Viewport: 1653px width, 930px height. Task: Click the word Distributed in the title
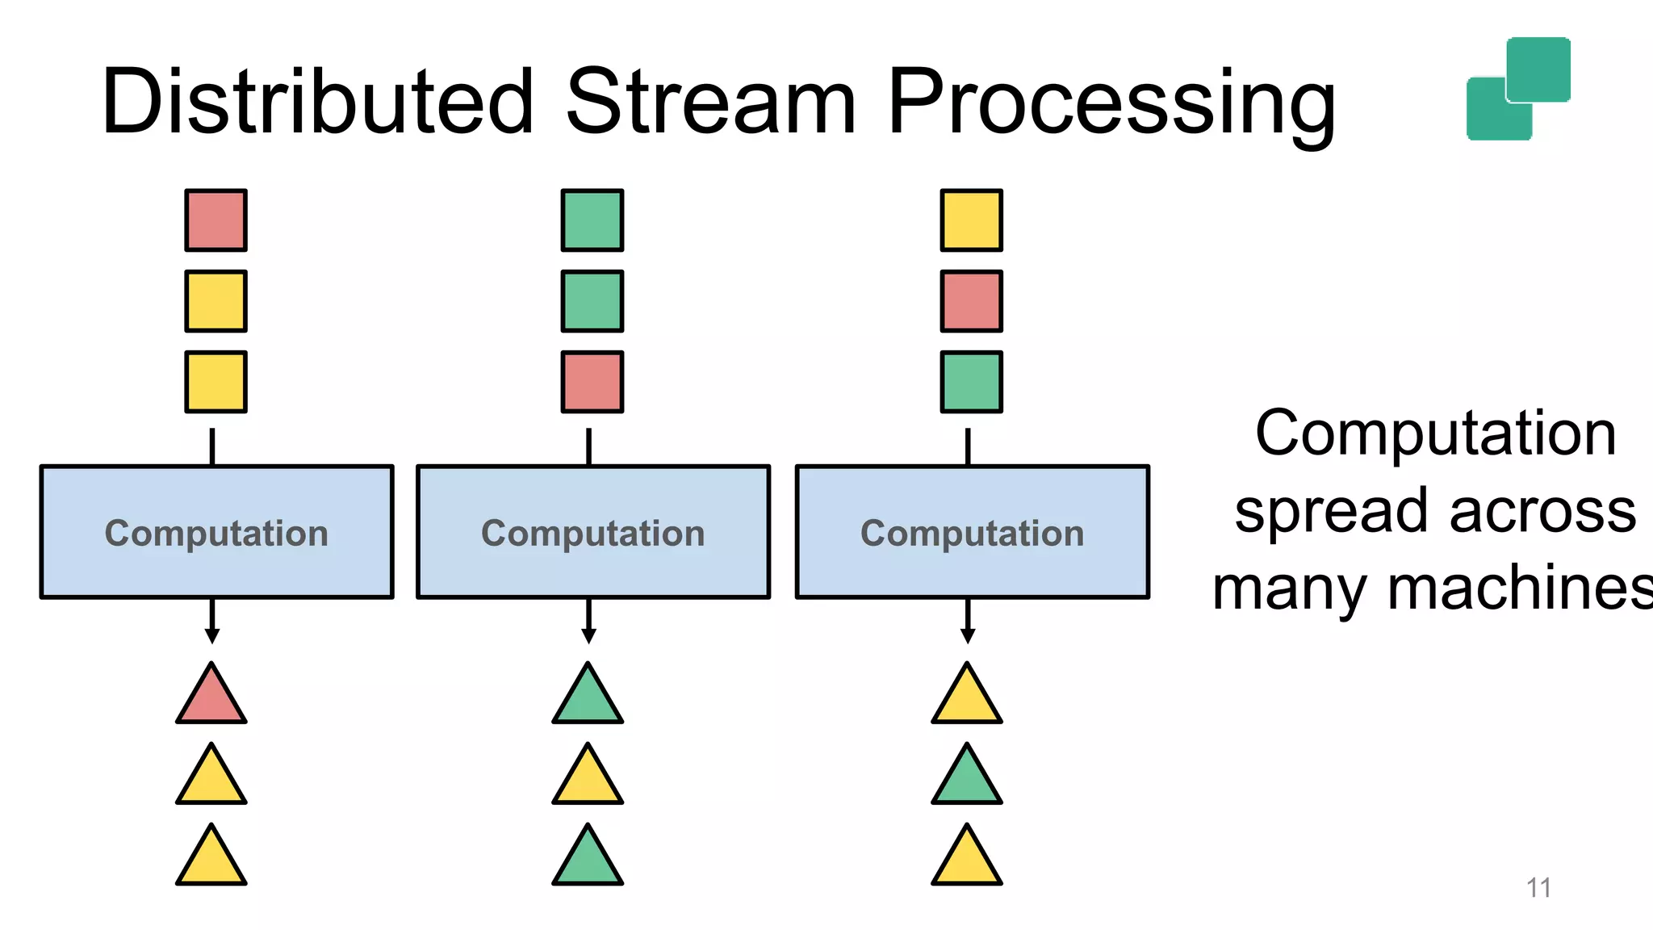click(x=317, y=103)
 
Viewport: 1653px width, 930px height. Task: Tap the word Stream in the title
click(x=710, y=103)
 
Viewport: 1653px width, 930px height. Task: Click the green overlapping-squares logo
click(x=1518, y=89)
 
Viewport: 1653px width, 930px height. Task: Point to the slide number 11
click(x=1538, y=888)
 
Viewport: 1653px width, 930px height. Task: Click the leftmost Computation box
click(x=216, y=532)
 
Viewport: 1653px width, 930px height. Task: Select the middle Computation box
click(x=592, y=532)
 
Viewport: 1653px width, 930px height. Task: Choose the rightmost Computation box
click(x=972, y=532)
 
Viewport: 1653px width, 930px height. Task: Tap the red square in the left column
click(x=216, y=220)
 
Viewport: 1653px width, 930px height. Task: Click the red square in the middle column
click(x=592, y=382)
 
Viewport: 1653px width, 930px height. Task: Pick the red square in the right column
click(x=971, y=301)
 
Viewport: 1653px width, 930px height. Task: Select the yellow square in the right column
click(x=971, y=220)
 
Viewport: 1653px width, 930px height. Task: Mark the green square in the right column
click(x=971, y=382)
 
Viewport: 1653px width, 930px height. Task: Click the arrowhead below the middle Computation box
click(x=589, y=636)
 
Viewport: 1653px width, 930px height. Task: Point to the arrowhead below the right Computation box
click(x=968, y=636)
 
